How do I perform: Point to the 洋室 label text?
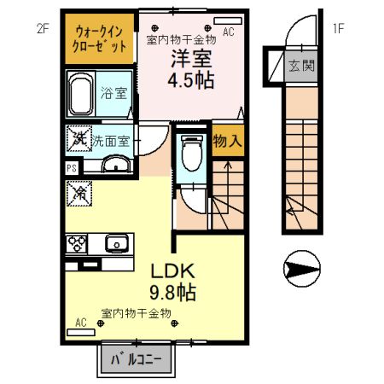coord(193,61)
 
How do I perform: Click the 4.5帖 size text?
coord(193,81)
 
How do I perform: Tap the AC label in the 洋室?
coord(229,32)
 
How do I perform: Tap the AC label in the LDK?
coord(81,323)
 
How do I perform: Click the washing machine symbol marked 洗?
coord(79,137)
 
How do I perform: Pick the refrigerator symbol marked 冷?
coord(79,194)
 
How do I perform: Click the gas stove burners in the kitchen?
coord(79,243)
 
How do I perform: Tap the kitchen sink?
coord(115,244)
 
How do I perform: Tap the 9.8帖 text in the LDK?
coord(174,293)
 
